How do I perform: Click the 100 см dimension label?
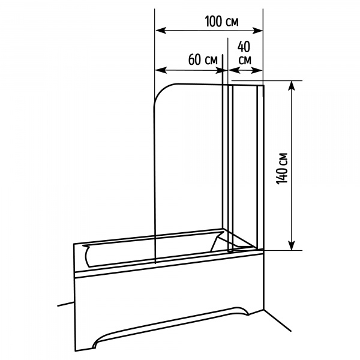coord(221,22)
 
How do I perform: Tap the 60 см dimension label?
coord(203,59)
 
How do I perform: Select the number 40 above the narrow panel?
coord(244,47)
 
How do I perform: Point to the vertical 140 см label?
coord(282,168)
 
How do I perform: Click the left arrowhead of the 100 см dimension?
coord(161,31)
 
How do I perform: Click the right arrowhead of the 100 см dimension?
coord(257,31)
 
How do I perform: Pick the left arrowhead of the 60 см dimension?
coord(161,70)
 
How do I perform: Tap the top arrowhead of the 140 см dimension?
coord(292,86)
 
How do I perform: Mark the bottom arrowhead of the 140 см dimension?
coord(292,245)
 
